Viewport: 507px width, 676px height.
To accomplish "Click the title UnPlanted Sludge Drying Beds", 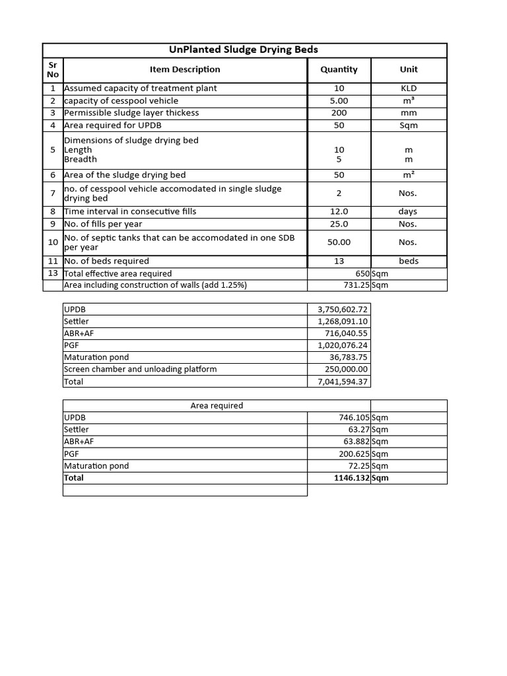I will tap(244, 50).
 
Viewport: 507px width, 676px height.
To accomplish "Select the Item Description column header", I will tap(185, 69).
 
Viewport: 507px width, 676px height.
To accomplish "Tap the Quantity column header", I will tap(339, 69).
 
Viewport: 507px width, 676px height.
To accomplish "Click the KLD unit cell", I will tap(409, 88).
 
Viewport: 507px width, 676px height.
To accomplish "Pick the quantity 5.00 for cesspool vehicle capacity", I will tap(339, 101).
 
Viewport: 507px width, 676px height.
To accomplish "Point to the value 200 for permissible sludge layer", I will tap(339, 113).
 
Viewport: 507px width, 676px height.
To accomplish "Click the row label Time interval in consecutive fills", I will tap(130, 212).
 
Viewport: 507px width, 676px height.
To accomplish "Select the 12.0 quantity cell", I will tap(339, 212).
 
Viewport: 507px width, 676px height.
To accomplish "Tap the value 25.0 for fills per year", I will tap(339, 224).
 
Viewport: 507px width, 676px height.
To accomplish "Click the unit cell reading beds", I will tap(409, 261).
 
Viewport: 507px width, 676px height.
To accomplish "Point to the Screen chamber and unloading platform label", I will tap(140, 370).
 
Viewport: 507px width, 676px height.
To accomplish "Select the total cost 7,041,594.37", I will tap(343, 382).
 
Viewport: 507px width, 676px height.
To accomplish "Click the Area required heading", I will tap(217, 406).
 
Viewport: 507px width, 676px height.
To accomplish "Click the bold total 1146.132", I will tap(352, 478).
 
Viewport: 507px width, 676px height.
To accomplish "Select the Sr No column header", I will tap(53, 69).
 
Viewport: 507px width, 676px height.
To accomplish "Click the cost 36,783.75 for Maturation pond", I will tap(347, 358).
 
